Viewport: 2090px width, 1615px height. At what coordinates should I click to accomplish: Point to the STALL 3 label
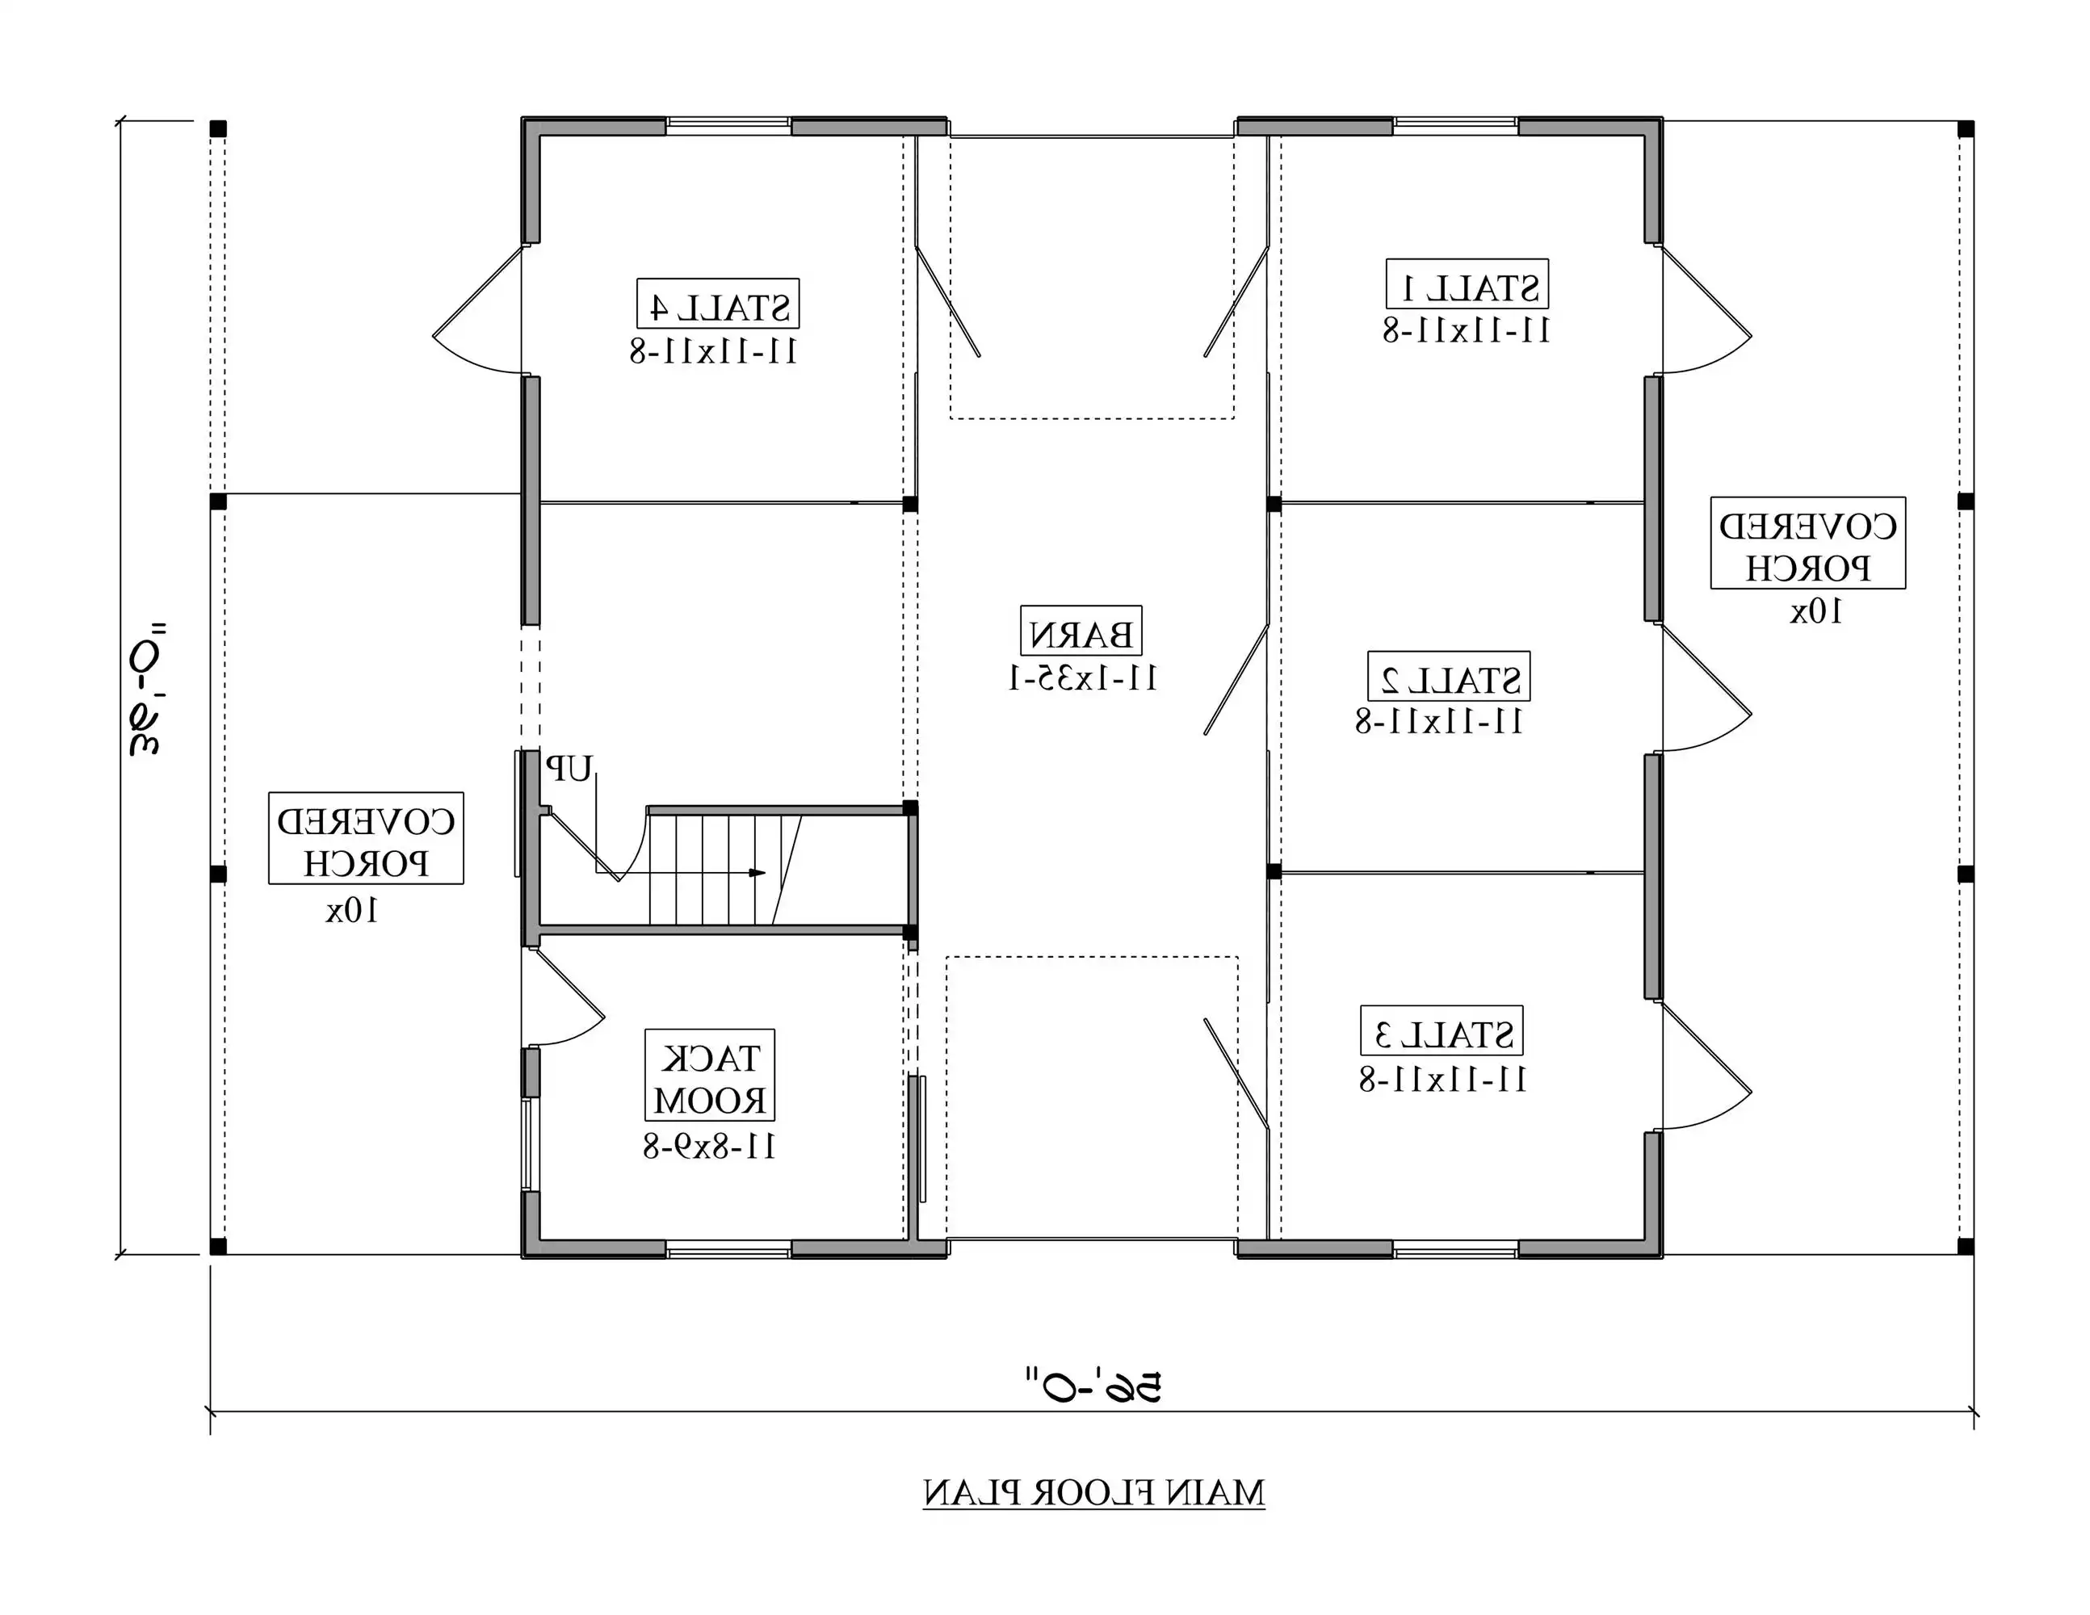click(x=1442, y=1030)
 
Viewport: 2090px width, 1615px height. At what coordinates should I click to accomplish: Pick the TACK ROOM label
click(x=709, y=1075)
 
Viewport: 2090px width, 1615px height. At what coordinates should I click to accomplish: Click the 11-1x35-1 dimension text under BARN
click(x=1082, y=678)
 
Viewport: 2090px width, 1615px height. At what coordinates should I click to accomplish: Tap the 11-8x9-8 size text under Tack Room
click(x=708, y=1146)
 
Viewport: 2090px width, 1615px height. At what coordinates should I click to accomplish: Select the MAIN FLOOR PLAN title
click(x=1093, y=1492)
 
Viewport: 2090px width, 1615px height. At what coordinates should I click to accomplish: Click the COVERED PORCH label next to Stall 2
click(x=1807, y=543)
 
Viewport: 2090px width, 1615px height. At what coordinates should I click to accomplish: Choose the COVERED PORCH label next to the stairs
click(x=366, y=838)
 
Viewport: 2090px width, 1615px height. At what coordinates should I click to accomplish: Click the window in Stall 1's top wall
click(x=1454, y=124)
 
